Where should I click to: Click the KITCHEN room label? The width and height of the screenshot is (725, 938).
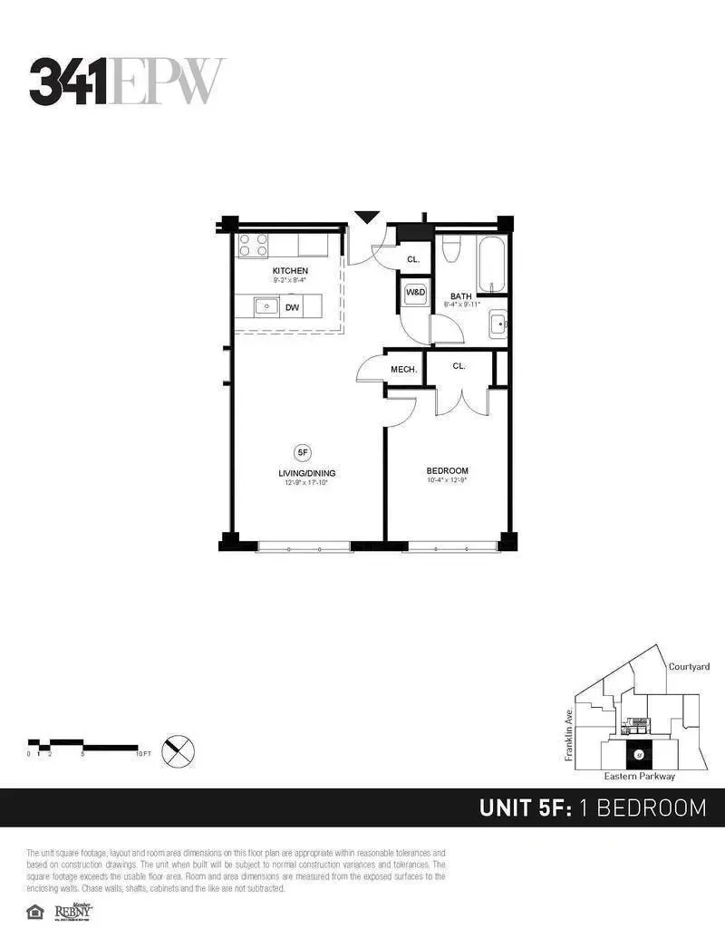290,271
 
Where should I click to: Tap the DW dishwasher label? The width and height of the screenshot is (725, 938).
292,308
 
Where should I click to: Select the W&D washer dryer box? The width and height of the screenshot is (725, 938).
415,293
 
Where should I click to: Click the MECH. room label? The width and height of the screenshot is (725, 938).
403,369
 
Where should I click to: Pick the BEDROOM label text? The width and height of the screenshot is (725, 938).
448,470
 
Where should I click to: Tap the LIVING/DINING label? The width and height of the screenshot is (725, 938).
303,473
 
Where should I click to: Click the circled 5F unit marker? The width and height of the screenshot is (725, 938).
303,450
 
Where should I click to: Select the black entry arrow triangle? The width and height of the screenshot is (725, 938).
366,218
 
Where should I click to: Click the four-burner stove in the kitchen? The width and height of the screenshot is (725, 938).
253,245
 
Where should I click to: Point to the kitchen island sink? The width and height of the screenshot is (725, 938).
266,307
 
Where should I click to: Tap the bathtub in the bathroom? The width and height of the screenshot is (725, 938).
492,263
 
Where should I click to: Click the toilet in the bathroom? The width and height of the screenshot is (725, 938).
453,249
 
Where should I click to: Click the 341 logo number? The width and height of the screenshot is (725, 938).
69,81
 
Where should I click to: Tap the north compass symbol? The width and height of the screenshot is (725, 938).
179,751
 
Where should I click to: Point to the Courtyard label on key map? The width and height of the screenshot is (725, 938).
689,666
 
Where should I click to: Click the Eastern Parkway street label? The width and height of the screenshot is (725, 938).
639,777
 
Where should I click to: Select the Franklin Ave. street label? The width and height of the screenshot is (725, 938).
569,735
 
